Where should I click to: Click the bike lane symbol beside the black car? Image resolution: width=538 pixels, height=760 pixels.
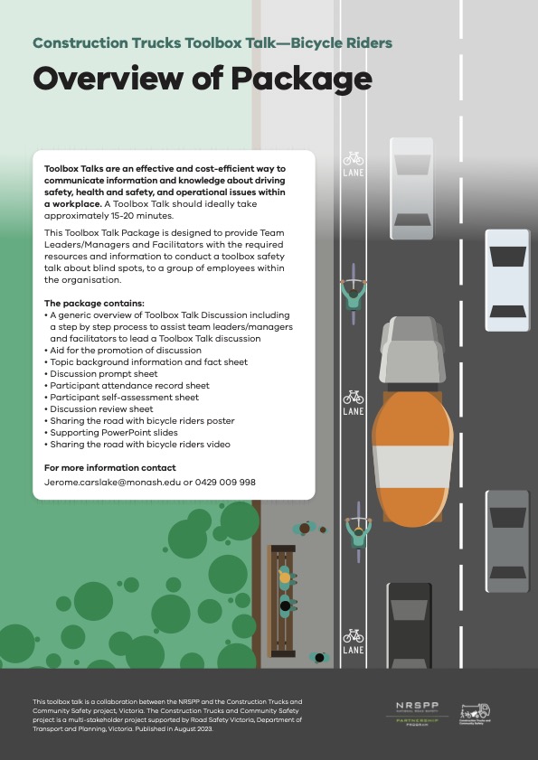coord(353,641)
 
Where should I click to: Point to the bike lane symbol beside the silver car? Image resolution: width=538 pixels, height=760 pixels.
coord(353,163)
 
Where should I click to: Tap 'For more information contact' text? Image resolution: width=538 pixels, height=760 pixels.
coord(110,468)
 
